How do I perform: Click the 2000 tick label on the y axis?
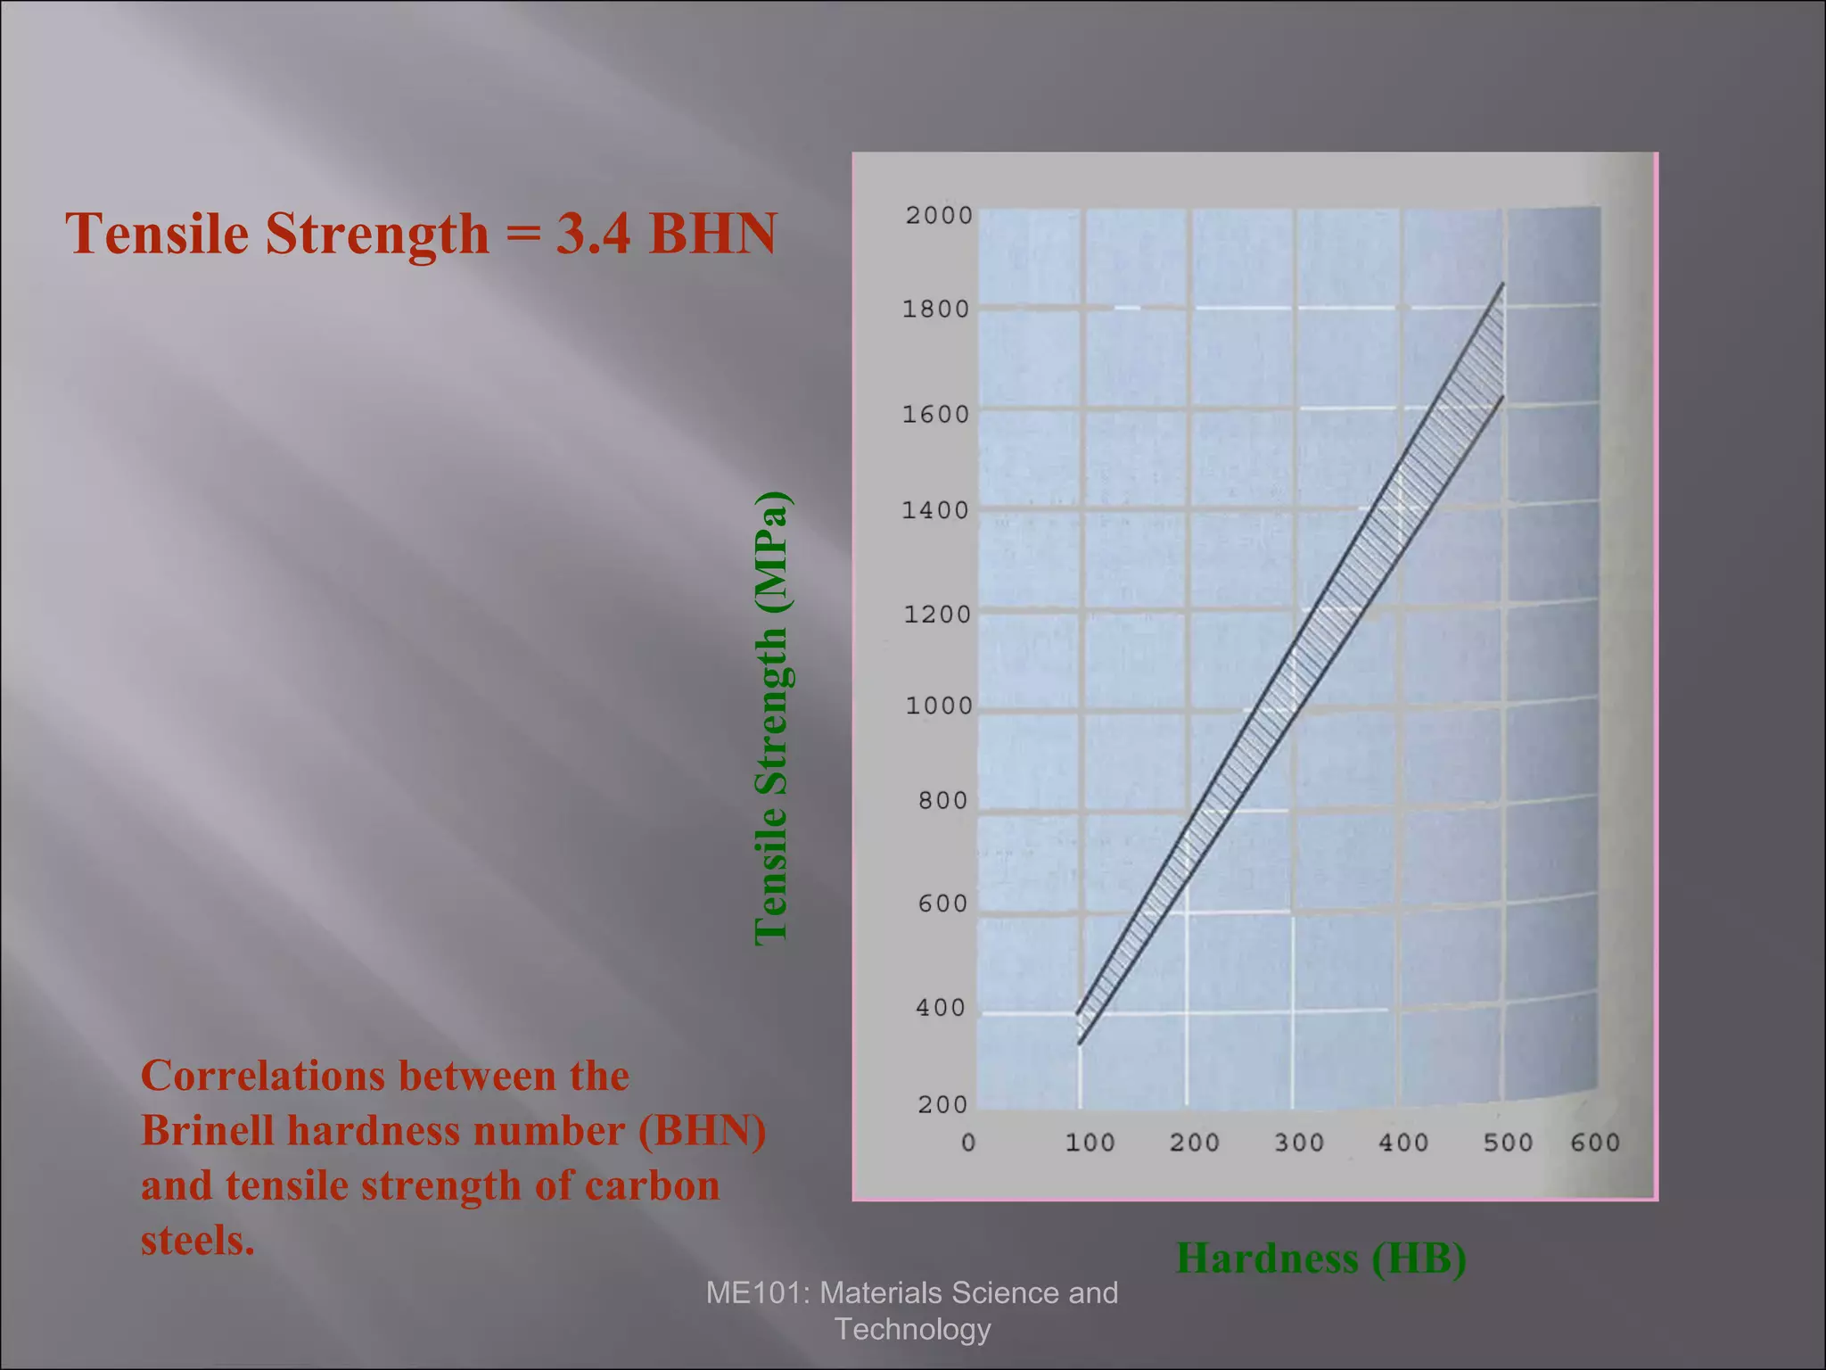[x=939, y=216]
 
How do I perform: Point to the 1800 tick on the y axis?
[x=935, y=309]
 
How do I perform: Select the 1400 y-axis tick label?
[x=935, y=511]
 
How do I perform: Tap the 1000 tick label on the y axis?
[x=939, y=706]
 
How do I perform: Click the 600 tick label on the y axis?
[x=942, y=904]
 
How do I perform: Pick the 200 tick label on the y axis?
[x=942, y=1105]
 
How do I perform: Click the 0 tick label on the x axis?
[x=969, y=1143]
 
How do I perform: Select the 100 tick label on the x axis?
[x=1090, y=1143]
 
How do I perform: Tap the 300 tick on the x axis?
[x=1299, y=1143]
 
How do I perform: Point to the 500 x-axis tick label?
[x=1508, y=1143]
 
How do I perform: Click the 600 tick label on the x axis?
[x=1595, y=1143]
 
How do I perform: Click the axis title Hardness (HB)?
[x=1320, y=1259]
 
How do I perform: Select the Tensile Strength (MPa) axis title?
[x=771, y=719]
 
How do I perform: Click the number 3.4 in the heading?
[x=594, y=234]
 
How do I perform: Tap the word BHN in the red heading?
[x=713, y=234]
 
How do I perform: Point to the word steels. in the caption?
[x=198, y=1241]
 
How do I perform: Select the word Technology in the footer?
[x=912, y=1329]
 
